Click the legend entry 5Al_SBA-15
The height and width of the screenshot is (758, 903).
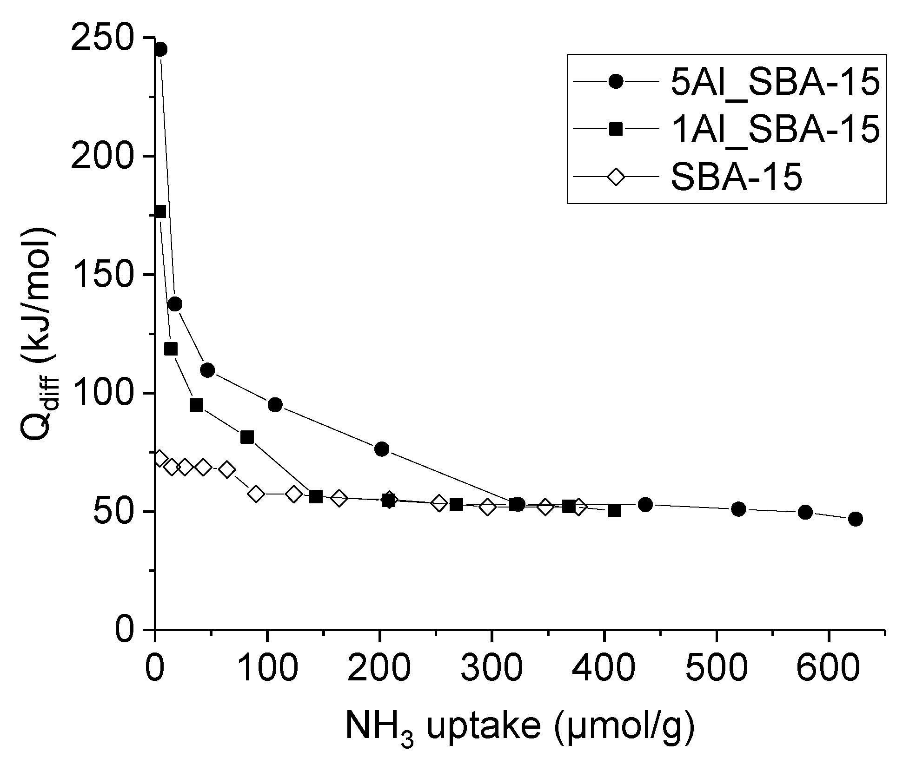pos(775,83)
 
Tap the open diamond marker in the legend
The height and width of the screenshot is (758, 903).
pos(616,177)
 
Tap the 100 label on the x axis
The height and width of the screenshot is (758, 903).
pos(267,668)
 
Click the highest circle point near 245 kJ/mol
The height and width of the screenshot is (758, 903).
pos(160,49)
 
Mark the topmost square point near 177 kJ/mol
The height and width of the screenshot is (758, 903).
pos(160,211)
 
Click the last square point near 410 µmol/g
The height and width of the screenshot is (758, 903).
pos(614,511)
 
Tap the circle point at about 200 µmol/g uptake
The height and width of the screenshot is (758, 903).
pos(381,449)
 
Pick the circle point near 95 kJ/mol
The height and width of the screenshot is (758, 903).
pos(275,405)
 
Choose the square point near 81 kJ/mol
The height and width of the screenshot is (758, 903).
pos(247,437)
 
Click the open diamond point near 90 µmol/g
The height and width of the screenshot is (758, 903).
pos(256,494)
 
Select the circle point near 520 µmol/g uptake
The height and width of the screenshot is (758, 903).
pos(738,509)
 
